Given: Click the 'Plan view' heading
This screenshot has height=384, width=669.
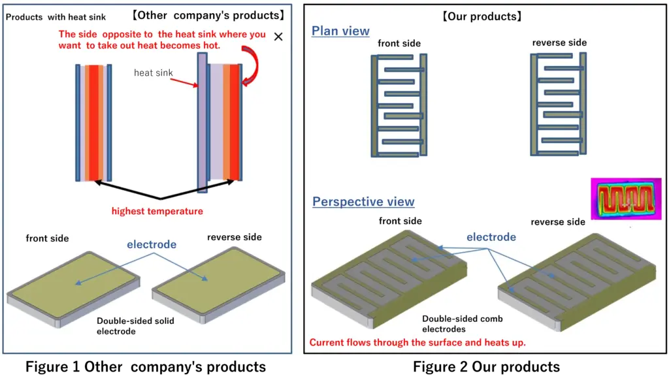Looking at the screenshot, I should pyautogui.click(x=340, y=31).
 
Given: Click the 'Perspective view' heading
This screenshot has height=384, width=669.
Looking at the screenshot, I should pyautogui.click(x=363, y=201).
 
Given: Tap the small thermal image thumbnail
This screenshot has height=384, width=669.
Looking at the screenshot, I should pyautogui.click(x=621, y=199).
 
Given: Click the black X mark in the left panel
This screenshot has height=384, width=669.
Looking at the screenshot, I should pyautogui.click(x=278, y=37).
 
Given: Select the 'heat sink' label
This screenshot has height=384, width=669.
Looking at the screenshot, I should pyautogui.click(x=153, y=72).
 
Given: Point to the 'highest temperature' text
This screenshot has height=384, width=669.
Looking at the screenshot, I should pyautogui.click(x=157, y=211).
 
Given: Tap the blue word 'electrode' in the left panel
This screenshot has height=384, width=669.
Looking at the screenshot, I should pyautogui.click(x=152, y=244).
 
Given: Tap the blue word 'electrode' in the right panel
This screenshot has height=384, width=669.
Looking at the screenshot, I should pyautogui.click(x=491, y=237).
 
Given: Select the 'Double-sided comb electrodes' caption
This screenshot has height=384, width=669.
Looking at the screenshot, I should pyautogui.click(x=462, y=324).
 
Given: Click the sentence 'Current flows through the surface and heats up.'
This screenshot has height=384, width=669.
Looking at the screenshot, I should pyautogui.click(x=417, y=342).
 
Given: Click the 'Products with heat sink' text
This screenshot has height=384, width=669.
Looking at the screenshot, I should pyautogui.click(x=56, y=16).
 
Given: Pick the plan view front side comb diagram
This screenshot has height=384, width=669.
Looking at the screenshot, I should pyautogui.click(x=399, y=106).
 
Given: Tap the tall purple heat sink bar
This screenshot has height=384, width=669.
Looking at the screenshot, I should pyautogui.click(x=202, y=122).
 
